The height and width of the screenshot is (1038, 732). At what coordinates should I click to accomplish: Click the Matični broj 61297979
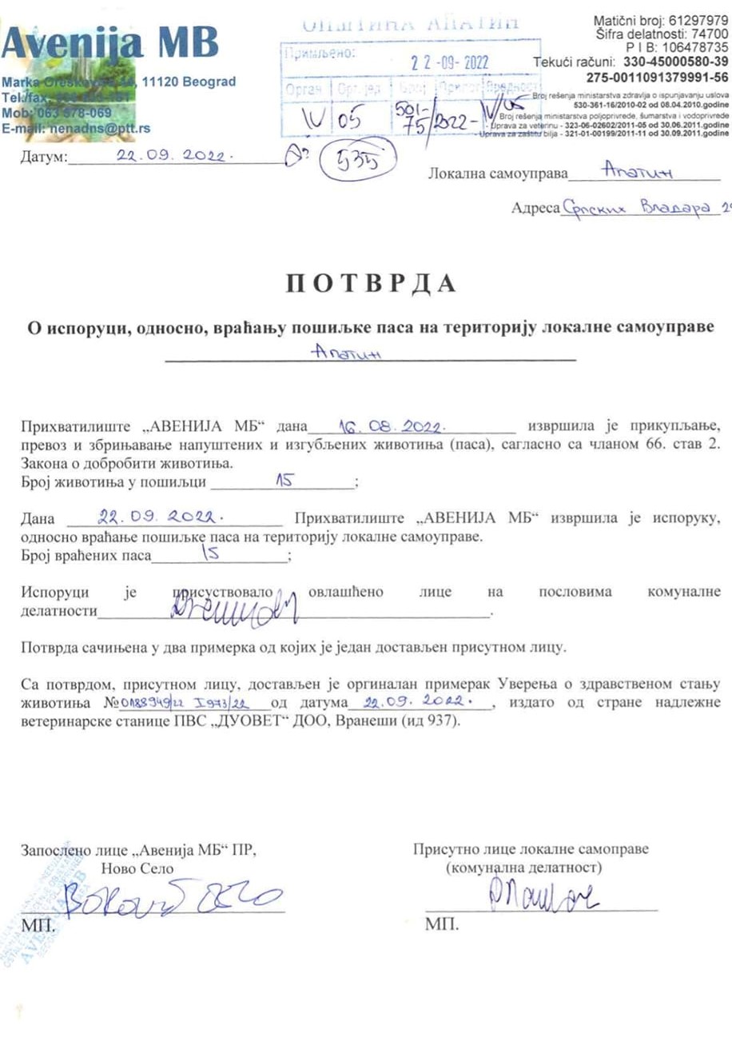pos(660,20)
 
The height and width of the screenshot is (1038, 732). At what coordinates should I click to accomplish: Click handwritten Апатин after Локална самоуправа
pos(631,170)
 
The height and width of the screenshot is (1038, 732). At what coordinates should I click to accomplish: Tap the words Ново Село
pos(137,868)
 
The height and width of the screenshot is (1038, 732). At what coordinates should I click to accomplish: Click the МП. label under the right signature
pos(443,924)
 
